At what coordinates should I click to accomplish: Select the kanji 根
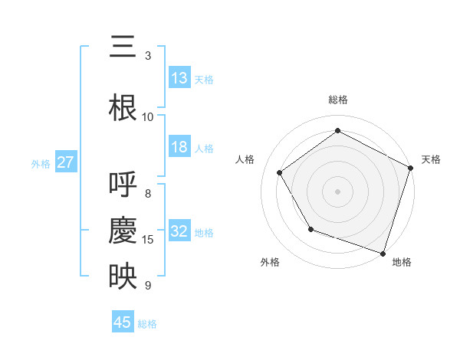123,107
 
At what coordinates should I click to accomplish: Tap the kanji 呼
123,185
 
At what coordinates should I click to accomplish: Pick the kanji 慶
123,231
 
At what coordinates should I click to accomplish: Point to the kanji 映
123,277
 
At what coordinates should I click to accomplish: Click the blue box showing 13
179,78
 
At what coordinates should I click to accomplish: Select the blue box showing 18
179,148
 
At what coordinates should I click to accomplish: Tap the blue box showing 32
179,232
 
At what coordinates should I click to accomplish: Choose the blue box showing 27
65,162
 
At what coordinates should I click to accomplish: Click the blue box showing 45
123,322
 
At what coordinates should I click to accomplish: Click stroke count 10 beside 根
148,116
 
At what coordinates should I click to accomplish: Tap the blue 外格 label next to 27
41,163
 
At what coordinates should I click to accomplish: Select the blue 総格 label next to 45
147,323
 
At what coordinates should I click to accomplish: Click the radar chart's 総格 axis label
338,100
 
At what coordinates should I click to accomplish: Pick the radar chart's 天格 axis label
431,159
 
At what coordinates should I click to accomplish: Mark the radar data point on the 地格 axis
383,253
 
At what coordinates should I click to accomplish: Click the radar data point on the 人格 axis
280,172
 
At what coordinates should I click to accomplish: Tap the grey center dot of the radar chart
338,191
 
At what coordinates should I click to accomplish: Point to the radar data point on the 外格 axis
310,229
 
